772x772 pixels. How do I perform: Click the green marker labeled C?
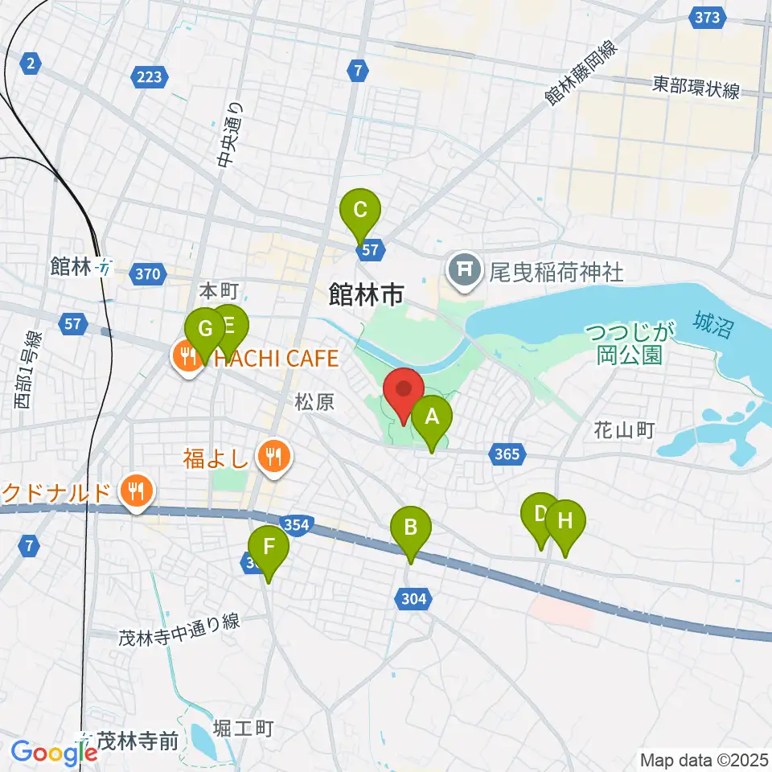tap(359, 211)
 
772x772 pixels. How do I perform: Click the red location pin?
tap(404, 390)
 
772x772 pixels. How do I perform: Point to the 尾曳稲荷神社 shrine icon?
tap(465, 269)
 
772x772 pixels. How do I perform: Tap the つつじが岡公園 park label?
tap(630, 343)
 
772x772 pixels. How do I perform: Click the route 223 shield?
tap(149, 77)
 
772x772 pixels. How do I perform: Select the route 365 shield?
tap(507, 455)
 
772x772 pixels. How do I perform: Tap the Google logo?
tap(53, 752)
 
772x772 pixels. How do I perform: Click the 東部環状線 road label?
tap(696, 88)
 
